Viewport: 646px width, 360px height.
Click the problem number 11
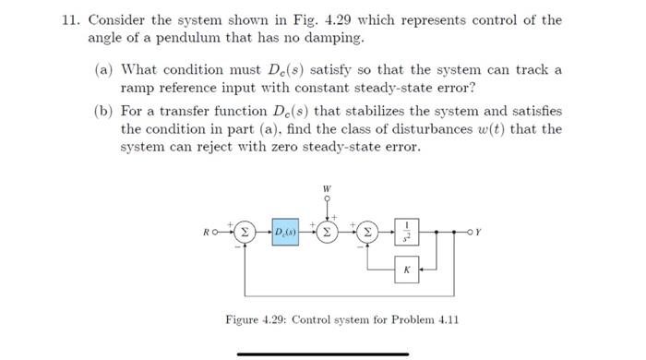61,20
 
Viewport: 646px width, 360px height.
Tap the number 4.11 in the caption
445,320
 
